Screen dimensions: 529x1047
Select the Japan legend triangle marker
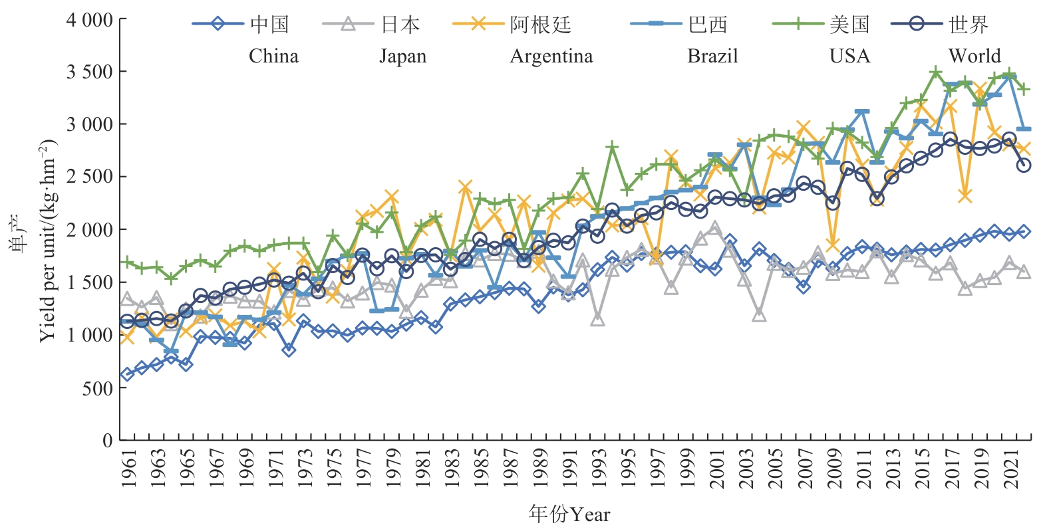(348, 25)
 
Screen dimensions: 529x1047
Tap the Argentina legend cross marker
(478, 25)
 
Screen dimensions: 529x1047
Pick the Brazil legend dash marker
(656, 25)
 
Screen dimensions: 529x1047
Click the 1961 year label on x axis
(128, 469)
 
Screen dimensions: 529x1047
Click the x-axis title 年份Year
(569, 514)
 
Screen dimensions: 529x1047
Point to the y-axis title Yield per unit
(48, 241)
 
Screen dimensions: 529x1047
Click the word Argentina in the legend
(551, 56)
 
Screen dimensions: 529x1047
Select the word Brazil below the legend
(712, 56)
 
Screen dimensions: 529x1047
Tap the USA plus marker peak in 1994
(612, 147)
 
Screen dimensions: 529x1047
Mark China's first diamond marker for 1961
(127, 375)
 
